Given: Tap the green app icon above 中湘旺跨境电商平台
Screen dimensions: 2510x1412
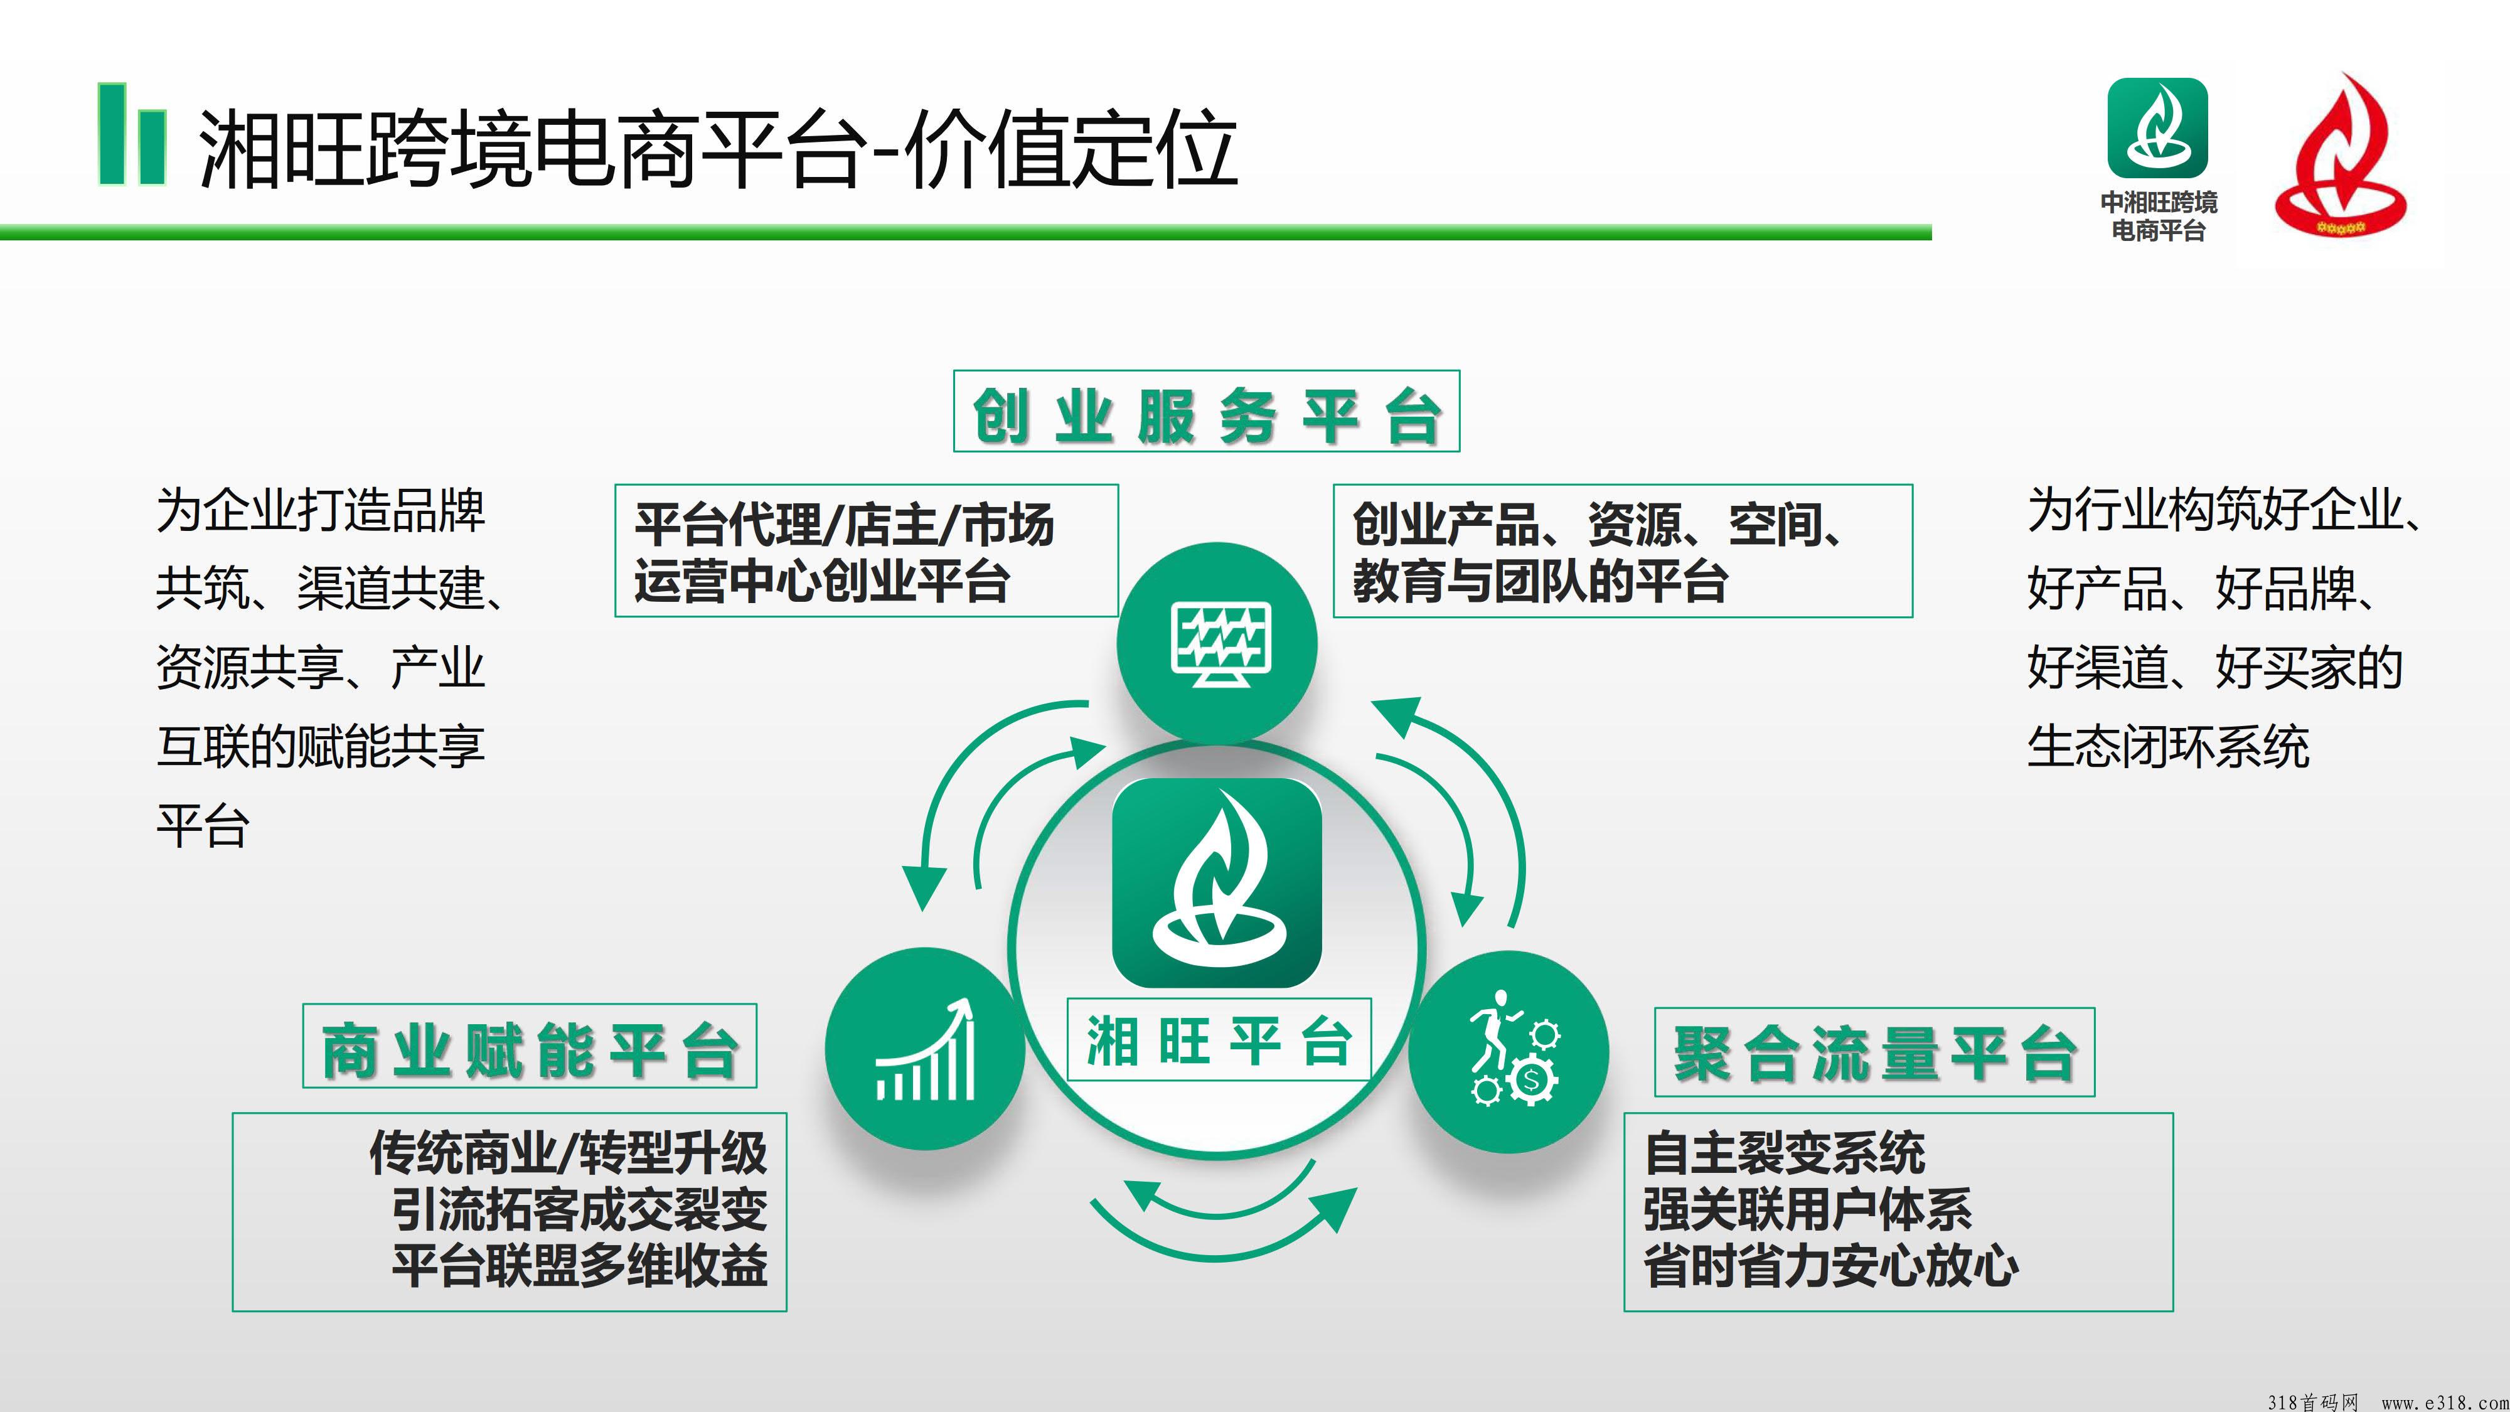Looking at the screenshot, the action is [2157, 127].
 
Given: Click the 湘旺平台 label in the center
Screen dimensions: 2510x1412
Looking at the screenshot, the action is [1219, 1040].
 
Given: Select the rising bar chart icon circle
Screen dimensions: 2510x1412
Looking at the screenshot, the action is [925, 1049].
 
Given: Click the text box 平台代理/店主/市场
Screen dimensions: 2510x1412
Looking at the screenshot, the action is [866, 550].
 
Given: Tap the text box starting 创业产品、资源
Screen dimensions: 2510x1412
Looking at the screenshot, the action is [1622, 550].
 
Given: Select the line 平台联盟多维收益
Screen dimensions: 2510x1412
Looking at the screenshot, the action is [580, 1265].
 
